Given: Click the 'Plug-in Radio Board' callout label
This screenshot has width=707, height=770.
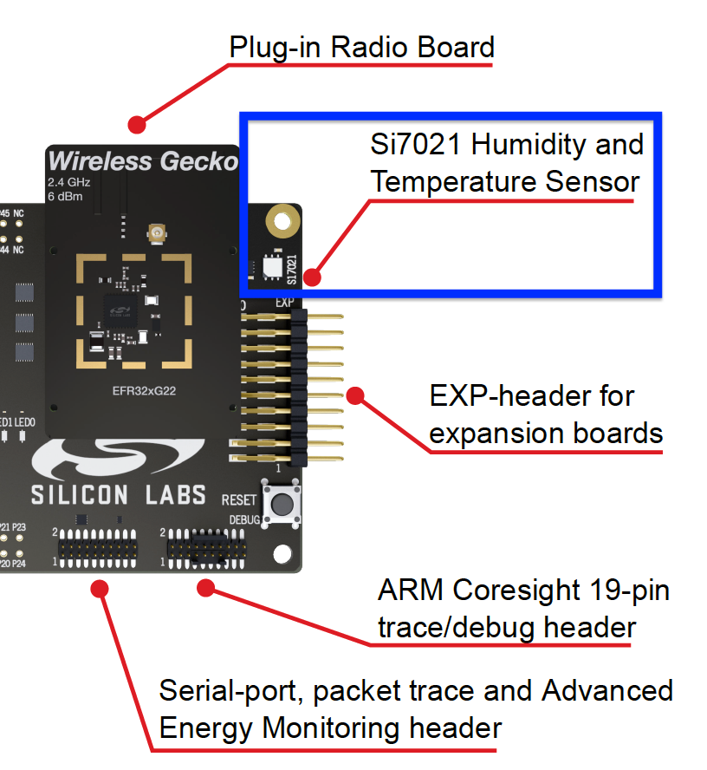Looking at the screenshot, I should tap(361, 47).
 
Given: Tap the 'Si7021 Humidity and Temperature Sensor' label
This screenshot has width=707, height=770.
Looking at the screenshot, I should tap(507, 163).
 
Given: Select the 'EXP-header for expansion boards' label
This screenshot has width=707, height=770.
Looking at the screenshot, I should tap(546, 414).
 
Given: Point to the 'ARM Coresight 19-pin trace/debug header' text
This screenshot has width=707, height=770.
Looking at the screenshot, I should tap(523, 609).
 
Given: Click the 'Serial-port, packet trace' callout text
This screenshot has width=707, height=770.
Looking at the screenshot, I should tap(416, 709).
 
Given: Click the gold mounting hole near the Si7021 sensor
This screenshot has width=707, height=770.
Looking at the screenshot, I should tap(281, 221).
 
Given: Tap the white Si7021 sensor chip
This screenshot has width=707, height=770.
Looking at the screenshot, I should tap(271, 266).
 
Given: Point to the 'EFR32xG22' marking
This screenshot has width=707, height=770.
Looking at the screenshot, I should tap(142, 392).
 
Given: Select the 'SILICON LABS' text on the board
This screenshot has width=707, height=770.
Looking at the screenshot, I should tap(119, 495).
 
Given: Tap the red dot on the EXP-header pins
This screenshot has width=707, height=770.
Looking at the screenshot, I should tap(355, 395).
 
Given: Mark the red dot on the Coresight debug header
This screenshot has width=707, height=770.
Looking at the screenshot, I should tap(205, 589).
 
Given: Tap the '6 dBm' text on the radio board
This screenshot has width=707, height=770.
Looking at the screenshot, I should tap(67, 197).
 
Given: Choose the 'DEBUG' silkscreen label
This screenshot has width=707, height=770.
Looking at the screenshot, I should tap(244, 519).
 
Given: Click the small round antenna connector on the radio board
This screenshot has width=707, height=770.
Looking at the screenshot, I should tap(158, 232).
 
